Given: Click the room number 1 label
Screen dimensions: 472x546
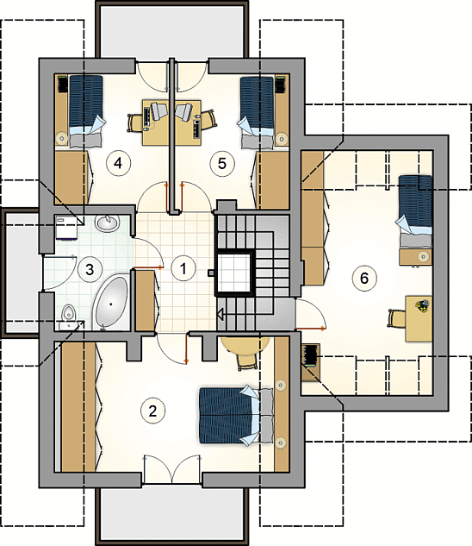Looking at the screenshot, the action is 183,268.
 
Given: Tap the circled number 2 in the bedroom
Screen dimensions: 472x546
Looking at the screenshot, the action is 152,411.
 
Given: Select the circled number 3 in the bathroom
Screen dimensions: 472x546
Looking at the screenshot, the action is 90,269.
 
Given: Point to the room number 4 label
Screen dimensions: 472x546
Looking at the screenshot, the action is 118,163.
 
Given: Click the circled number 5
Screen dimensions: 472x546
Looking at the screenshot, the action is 222,163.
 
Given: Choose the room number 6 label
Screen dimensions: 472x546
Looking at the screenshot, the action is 364,278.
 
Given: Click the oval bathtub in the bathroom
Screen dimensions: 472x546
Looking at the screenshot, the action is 111,302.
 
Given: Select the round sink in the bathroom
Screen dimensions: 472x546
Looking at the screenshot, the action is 107,223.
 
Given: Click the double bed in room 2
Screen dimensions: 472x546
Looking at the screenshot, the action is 236,416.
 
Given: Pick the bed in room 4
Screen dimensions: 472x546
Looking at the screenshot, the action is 86,110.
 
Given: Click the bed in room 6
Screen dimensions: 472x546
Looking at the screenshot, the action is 414,211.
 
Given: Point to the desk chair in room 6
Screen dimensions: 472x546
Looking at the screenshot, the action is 397,318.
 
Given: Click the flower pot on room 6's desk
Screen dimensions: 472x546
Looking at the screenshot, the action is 421,305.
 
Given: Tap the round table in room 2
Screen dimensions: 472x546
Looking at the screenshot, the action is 246,345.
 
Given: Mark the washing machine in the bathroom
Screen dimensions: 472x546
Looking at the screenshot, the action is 66,228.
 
